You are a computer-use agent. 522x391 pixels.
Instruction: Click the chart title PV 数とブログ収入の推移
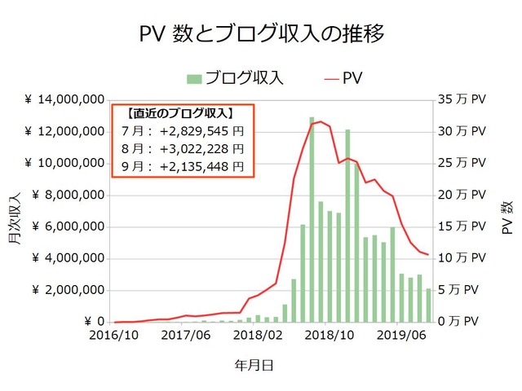[261, 33]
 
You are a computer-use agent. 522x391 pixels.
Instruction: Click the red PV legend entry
[346, 78]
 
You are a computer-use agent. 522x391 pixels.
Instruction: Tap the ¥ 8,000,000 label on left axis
[69, 195]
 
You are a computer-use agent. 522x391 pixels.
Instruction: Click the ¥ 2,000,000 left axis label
[69, 291]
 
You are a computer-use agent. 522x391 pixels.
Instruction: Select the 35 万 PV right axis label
[462, 100]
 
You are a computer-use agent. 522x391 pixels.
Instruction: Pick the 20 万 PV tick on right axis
[462, 195]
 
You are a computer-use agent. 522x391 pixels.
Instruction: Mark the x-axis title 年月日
[255, 366]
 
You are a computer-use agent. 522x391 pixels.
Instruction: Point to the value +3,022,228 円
[201, 148]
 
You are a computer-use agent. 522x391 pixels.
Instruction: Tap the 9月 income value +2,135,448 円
[201, 166]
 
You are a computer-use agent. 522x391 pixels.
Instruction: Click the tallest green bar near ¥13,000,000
[312, 220]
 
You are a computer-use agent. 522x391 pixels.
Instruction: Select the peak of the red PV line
[320, 121]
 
